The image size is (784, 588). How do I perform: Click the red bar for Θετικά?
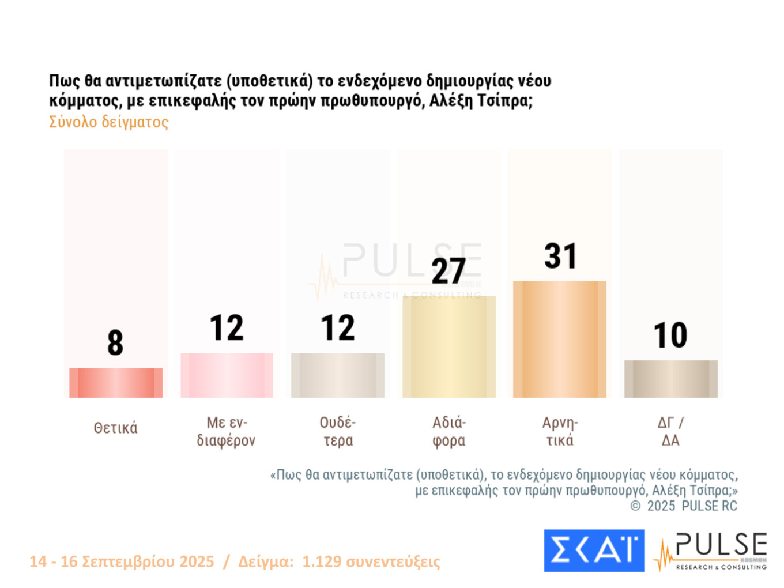(x=116, y=383)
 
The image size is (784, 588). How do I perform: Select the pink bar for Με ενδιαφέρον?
(x=227, y=375)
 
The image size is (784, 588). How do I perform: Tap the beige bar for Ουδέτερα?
(x=338, y=375)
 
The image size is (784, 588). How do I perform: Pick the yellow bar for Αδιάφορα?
(x=448, y=347)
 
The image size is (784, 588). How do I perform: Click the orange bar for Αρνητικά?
(x=560, y=340)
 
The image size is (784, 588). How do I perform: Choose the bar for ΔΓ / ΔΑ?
(x=671, y=379)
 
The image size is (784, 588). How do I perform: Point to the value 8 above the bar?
(x=115, y=342)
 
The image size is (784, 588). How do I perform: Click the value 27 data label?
(x=448, y=271)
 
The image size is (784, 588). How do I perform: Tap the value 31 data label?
(x=560, y=256)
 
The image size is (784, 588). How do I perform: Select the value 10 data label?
(x=670, y=335)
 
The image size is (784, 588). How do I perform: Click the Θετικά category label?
(x=116, y=428)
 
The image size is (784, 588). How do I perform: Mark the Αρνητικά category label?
(x=560, y=431)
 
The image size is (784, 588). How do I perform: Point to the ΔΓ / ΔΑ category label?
(x=670, y=431)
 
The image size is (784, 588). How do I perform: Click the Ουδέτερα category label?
(x=338, y=431)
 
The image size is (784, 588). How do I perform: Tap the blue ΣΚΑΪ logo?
(x=594, y=551)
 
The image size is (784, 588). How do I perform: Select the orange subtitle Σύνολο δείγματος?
(x=109, y=122)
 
